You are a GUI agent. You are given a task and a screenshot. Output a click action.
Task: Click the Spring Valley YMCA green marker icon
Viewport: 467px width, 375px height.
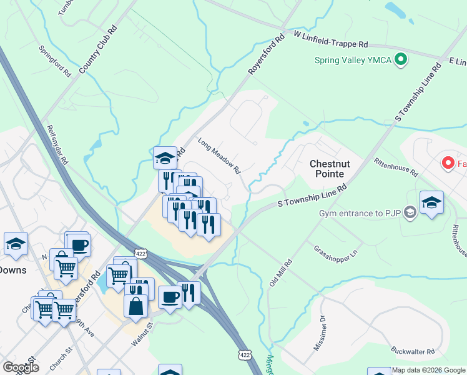(x=401, y=61)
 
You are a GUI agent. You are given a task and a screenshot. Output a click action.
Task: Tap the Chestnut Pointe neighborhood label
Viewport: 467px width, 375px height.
(x=336, y=169)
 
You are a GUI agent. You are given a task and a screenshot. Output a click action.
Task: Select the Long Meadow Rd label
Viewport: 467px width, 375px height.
(x=219, y=156)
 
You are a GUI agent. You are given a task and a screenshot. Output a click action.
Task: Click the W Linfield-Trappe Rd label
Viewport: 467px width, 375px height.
(x=329, y=41)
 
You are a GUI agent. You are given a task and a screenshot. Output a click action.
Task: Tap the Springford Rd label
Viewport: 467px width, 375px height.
(x=55, y=61)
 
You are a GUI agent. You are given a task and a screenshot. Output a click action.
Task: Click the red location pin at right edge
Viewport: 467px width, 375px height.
(x=448, y=164)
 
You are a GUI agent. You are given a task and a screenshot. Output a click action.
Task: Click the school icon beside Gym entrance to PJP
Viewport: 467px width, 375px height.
(x=431, y=202)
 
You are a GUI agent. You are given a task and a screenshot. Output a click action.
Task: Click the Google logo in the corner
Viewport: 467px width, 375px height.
(x=21, y=367)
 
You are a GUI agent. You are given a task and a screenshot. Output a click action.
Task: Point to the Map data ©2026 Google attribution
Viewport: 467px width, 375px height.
(x=428, y=370)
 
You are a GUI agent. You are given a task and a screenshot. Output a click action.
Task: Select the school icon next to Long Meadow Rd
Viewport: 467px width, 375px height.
(x=165, y=157)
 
